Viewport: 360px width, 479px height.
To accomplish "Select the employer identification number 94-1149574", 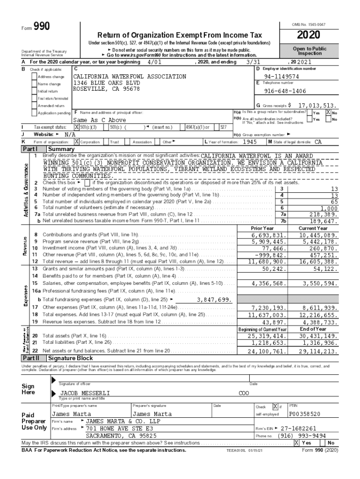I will pos(281,76).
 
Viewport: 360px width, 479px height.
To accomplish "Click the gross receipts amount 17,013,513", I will pos(317,106).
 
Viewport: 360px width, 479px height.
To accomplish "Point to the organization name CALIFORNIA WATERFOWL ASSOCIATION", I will pos(130,76).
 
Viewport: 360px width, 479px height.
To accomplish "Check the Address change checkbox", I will pos(34,76).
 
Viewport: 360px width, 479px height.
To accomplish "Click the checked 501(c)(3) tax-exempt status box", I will pos(77,127).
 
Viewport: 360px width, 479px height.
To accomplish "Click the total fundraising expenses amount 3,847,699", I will pos(214,299).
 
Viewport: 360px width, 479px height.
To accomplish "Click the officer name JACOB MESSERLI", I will pos(84,393).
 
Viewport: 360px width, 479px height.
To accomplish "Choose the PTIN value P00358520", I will pos(305,414).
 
